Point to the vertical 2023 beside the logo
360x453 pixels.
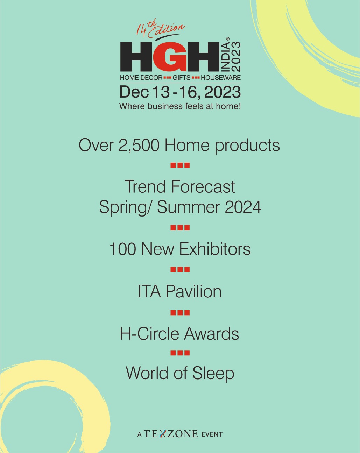coord(236,57)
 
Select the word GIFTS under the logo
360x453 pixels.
coord(182,78)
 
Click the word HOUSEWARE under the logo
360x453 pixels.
coord(221,78)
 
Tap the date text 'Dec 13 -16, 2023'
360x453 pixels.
coord(180,92)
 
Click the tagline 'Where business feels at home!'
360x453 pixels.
coord(180,106)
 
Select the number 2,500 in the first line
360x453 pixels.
coord(139,145)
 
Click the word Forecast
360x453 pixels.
coord(203,186)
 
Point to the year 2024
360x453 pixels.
coord(243,207)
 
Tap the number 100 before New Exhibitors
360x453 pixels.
coord(122,249)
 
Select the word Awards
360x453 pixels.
coord(211,333)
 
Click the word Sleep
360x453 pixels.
coord(213,374)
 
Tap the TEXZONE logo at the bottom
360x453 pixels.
coord(171,434)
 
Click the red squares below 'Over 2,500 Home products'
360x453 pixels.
coord(180,165)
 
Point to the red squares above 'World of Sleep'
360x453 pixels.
coord(180,353)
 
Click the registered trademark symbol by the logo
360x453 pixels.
coord(227,39)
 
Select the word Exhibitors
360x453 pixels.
coord(215,249)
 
